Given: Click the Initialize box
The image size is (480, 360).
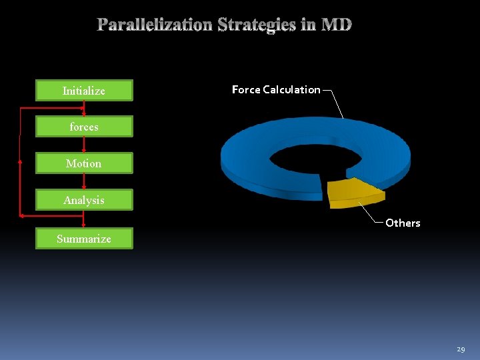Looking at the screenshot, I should tap(84, 91).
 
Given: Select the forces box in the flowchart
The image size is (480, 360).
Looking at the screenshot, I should tap(84, 127).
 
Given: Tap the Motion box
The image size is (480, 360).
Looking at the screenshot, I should tap(84, 163).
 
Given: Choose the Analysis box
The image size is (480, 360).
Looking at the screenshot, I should tap(84, 200).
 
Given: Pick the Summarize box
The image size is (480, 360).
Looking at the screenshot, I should tap(84, 239).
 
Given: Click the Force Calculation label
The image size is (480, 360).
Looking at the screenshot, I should tap(276, 89).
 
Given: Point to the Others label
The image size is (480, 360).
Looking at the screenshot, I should tap(403, 223).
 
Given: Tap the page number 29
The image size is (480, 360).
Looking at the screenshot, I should tap(461, 349).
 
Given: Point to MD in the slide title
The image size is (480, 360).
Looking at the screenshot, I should tap(337, 25).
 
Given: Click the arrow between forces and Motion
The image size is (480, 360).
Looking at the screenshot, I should tap(84, 145).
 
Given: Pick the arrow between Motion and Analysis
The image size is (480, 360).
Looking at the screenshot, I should tap(84, 181).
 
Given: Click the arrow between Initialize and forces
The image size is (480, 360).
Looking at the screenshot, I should tap(84, 108).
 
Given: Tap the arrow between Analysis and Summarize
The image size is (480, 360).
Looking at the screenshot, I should tap(84, 219).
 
